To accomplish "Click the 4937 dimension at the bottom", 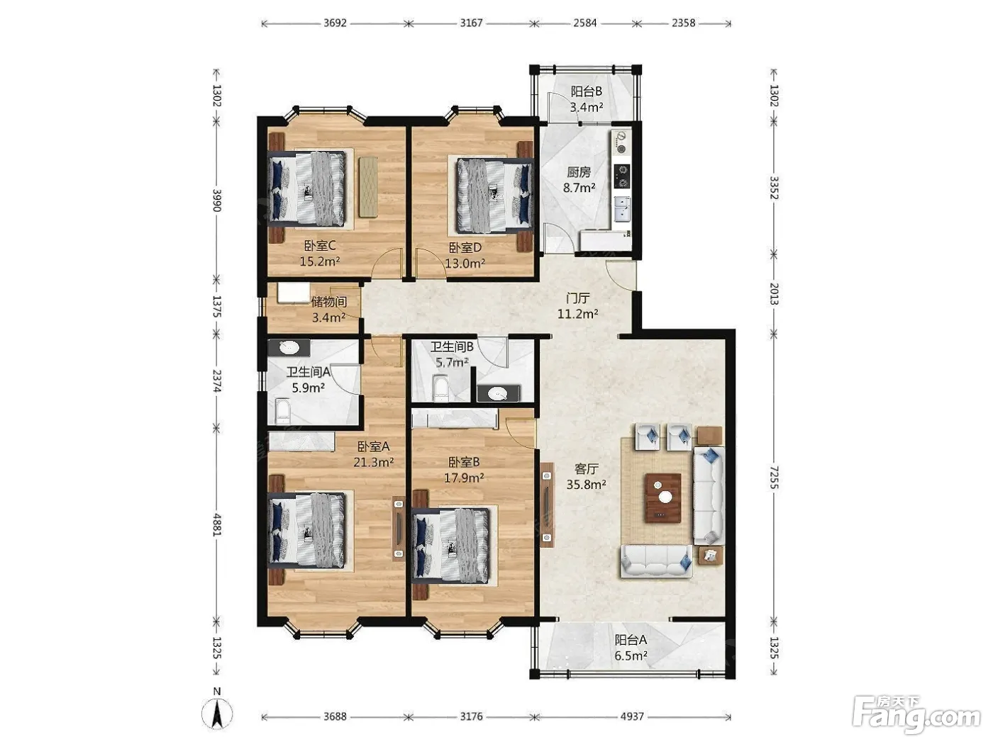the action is [x=632, y=716].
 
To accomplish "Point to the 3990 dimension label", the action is [x=218, y=201].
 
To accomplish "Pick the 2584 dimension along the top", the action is [x=585, y=23].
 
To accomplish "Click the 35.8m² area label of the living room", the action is [x=587, y=484].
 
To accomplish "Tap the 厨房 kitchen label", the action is [x=579, y=172].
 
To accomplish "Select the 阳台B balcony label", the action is [x=587, y=91].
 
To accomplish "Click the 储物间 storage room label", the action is [x=329, y=301].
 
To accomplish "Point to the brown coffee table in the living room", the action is [x=663, y=498].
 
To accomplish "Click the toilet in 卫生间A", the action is [x=282, y=410].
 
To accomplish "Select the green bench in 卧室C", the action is [x=368, y=186].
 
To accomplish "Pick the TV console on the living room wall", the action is [x=547, y=505].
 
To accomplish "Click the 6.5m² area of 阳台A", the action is [x=631, y=655].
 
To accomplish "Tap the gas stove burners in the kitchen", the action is [x=623, y=176].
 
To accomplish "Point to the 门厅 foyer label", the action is [x=578, y=298].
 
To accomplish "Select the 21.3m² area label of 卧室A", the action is [x=374, y=462].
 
